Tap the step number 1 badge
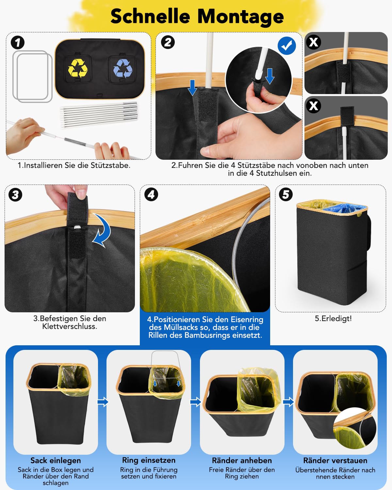pyautogui.click(x=18, y=42)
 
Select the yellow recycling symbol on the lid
pyautogui.click(x=78, y=68)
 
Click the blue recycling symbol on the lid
pyautogui.click(x=123, y=68)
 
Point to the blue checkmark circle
pyautogui.click(x=286, y=46)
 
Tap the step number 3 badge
pyautogui.click(x=15, y=195)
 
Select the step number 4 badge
pyautogui.click(x=151, y=194)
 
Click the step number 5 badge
pyautogui.click(x=286, y=194)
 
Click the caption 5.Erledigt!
pyautogui.click(x=333, y=318)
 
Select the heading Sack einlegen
pyautogui.click(x=56, y=461)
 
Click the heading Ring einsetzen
pyautogui.click(x=149, y=460)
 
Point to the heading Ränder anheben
pyautogui.click(x=242, y=460)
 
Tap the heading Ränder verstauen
pyautogui.click(x=335, y=460)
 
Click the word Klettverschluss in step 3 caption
pyautogui.click(x=69, y=327)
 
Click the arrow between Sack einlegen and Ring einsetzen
pyautogui.click(x=103, y=402)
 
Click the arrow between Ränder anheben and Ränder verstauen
pyautogui.click(x=288, y=402)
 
